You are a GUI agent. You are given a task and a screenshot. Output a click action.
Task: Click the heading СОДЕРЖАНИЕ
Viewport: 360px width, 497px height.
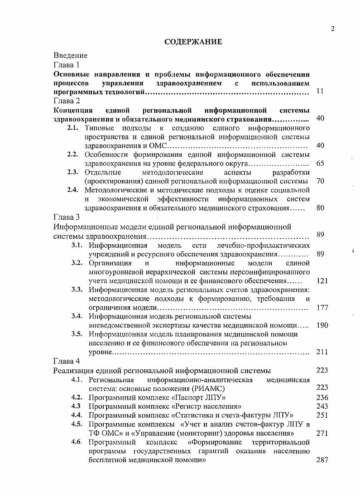[x=193, y=42]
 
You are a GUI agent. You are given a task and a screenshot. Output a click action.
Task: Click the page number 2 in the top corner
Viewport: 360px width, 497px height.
[x=333, y=29]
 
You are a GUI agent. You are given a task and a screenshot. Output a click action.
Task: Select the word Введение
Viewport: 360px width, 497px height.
[x=70, y=55]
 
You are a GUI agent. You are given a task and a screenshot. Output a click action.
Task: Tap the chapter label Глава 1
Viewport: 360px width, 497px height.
[x=67, y=64]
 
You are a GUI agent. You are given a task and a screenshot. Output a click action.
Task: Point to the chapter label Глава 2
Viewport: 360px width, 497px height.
[x=67, y=101]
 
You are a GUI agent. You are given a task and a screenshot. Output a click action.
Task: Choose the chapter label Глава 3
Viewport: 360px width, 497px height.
[x=67, y=217]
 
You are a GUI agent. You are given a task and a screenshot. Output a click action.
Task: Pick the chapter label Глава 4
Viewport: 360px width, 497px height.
[x=67, y=361]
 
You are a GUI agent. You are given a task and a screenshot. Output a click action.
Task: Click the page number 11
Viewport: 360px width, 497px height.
[x=320, y=92]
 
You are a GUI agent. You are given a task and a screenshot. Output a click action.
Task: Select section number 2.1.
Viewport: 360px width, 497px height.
[x=73, y=128]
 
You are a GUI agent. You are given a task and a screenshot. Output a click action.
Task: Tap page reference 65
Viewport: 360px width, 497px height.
[x=320, y=163]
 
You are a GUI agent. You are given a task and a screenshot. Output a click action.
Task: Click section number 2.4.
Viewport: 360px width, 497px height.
[x=73, y=190]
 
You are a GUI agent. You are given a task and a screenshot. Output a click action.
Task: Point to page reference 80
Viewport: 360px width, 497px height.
[x=320, y=208]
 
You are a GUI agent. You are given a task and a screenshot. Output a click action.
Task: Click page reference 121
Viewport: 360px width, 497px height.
[x=322, y=281]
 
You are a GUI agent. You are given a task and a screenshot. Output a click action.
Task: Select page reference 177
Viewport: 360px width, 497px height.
[x=322, y=308]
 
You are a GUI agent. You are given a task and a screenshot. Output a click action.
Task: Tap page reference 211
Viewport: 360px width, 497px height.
[x=322, y=352]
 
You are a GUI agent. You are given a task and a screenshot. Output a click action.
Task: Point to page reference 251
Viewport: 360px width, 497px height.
[x=322, y=415]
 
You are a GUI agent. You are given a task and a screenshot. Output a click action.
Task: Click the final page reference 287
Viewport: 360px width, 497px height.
[x=322, y=459]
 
